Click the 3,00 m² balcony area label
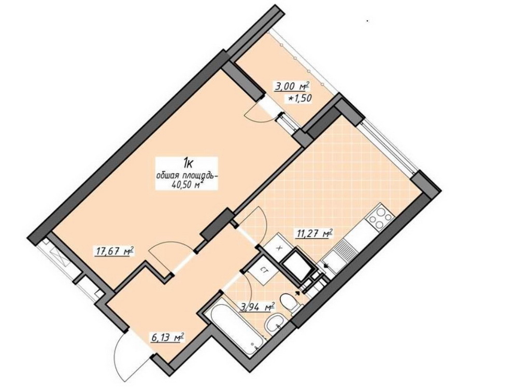(291, 87)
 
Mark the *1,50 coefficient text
(300, 98)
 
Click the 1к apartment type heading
(189, 163)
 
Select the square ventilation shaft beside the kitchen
(296, 265)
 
